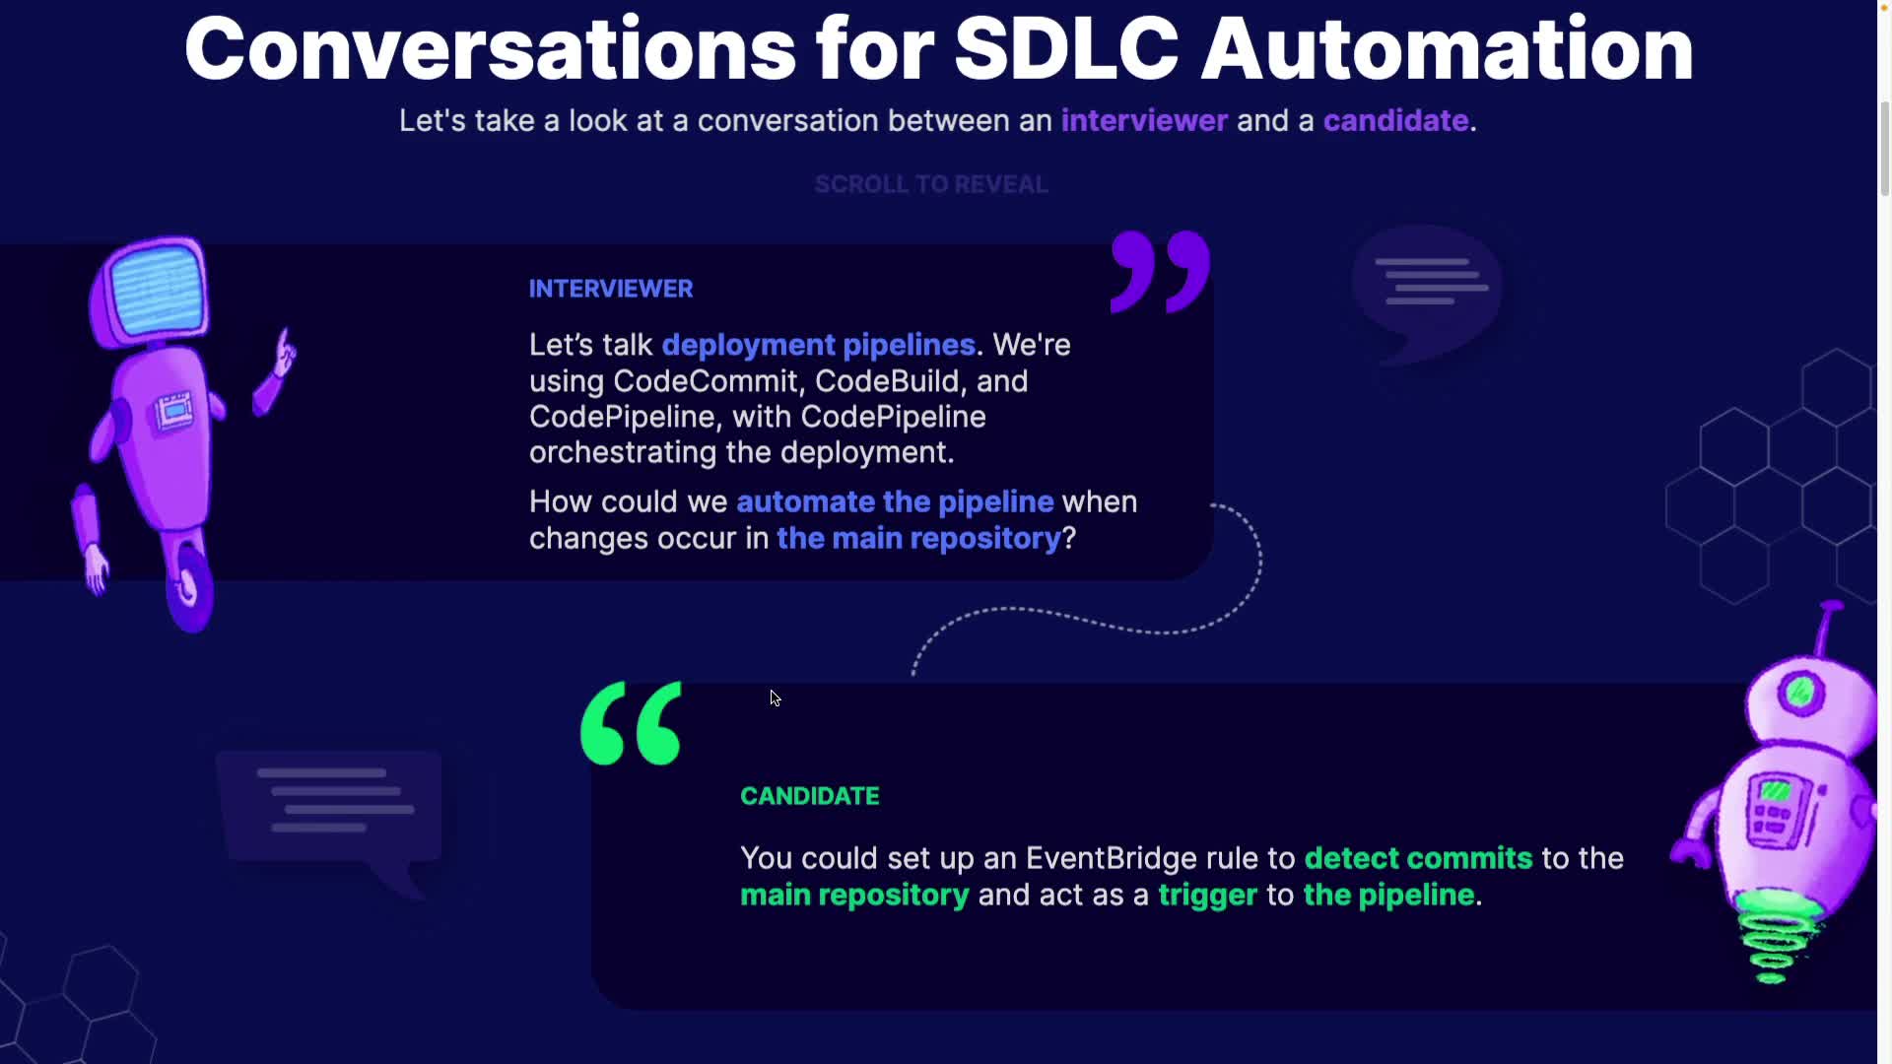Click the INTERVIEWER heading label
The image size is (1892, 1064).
coord(611,289)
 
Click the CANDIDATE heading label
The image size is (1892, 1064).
coord(809,796)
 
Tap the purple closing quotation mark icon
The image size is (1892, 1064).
coord(1160,272)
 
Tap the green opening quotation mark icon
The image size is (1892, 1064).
coord(631,723)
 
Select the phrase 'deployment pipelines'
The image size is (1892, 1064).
coord(819,345)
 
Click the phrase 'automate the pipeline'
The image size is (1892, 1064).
coord(895,501)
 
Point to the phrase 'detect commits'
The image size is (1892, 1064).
coord(1418,858)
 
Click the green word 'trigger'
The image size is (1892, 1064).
coord(1207,895)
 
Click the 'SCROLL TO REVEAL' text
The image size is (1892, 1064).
coord(931,184)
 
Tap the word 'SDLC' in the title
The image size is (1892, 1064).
coord(1066,48)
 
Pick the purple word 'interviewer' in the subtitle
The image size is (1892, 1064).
coord(1144,120)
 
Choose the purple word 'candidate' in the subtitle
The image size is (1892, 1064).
coord(1395,120)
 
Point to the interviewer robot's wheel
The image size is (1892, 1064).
coord(189,590)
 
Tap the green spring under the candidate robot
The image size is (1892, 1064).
coord(1773,937)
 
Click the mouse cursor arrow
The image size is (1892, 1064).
coord(775,698)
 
